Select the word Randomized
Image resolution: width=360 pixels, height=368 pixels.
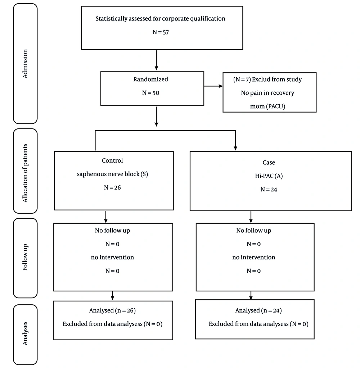150,79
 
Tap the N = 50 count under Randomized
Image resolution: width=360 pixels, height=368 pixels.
150,93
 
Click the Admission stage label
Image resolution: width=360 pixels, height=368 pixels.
25,64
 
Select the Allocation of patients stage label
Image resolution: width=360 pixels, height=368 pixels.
25,171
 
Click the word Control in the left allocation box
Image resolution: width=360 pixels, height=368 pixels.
112,160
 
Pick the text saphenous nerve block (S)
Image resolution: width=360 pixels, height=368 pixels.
112,174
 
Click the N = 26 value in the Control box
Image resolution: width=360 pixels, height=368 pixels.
112,187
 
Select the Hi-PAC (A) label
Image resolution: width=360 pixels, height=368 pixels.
268,176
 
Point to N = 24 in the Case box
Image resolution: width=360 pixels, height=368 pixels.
268,189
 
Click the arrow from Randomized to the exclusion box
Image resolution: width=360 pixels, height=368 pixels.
213,86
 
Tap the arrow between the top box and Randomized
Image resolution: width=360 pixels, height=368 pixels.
156,60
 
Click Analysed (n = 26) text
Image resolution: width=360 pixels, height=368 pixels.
112,310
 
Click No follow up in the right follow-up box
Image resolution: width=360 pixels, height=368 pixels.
253,231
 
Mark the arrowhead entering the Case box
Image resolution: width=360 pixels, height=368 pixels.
235,148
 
